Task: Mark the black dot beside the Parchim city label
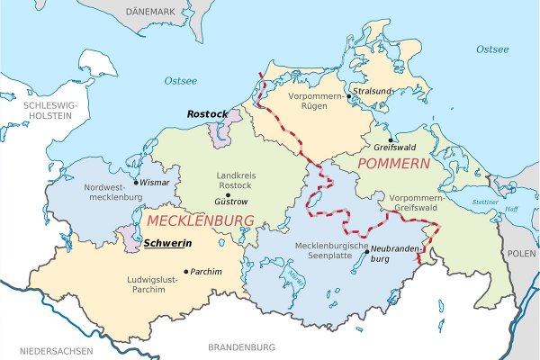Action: tap(186, 271)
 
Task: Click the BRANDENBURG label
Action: tap(241, 346)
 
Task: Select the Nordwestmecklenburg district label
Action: tap(94, 192)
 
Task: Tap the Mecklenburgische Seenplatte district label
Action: tap(334, 251)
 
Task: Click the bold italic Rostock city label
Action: tap(206, 114)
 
